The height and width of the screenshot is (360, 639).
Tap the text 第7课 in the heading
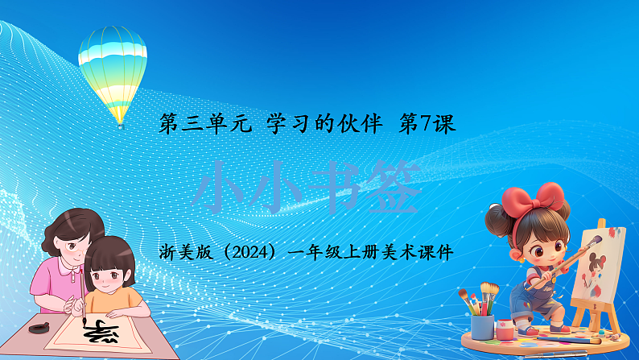click(427, 124)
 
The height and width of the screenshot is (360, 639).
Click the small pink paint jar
click(505, 329)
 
